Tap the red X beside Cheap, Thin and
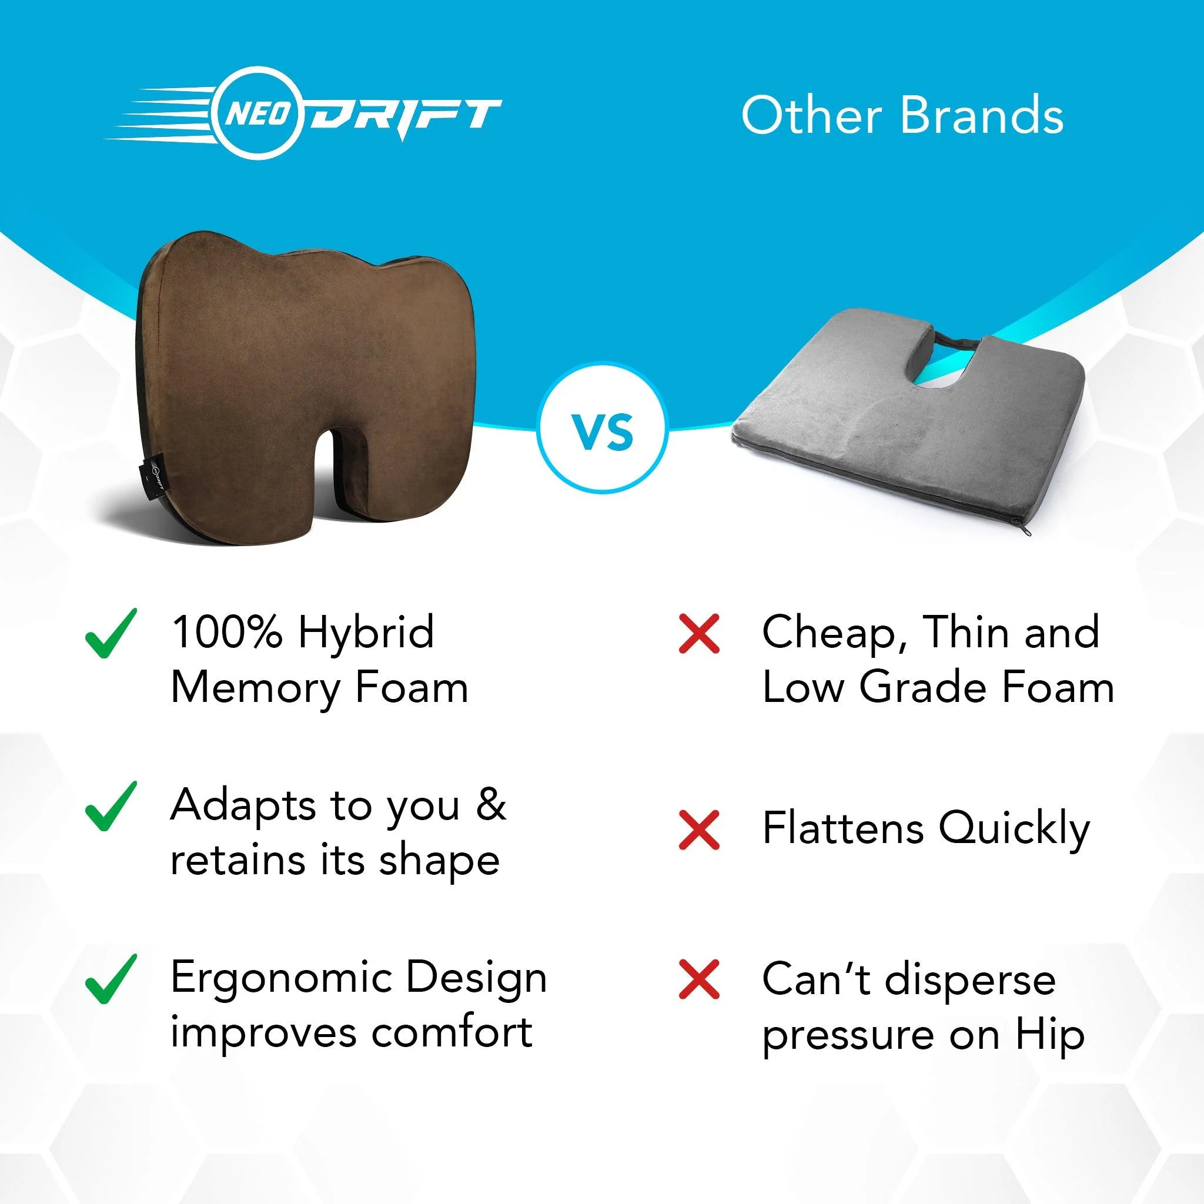click(x=698, y=634)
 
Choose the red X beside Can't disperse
click(x=698, y=979)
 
